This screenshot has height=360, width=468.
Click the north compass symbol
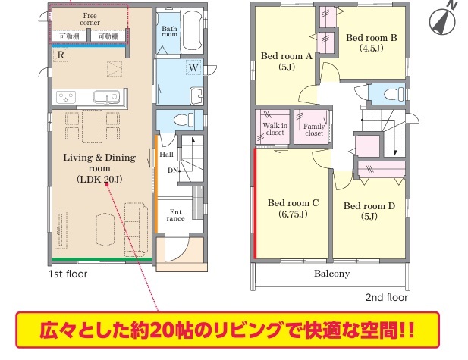coord(443,20)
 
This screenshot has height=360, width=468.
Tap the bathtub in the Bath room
coord(193,30)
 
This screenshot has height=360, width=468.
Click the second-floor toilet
coord(392,94)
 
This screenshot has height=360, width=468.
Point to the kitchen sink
coord(106,97)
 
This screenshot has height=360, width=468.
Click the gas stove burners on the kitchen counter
coord(66,97)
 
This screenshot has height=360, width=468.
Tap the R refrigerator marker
coord(61,55)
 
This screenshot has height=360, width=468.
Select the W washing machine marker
coord(193,67)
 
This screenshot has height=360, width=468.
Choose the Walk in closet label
coord(275,129)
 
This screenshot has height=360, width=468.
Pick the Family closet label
coord(314,130)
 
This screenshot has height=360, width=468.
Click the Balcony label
coord(332,274)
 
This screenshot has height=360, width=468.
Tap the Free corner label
coord(90,19)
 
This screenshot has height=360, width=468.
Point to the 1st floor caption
coord(68,274)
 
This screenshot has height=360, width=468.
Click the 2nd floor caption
coord(387,297)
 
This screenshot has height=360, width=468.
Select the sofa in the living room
coord(136,230)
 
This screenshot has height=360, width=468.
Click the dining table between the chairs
coord(93,127)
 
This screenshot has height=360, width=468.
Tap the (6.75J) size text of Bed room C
coord(293,214)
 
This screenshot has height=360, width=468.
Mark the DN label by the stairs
coord(173,171)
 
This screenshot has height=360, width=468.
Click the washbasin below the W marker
coord(196,95)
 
